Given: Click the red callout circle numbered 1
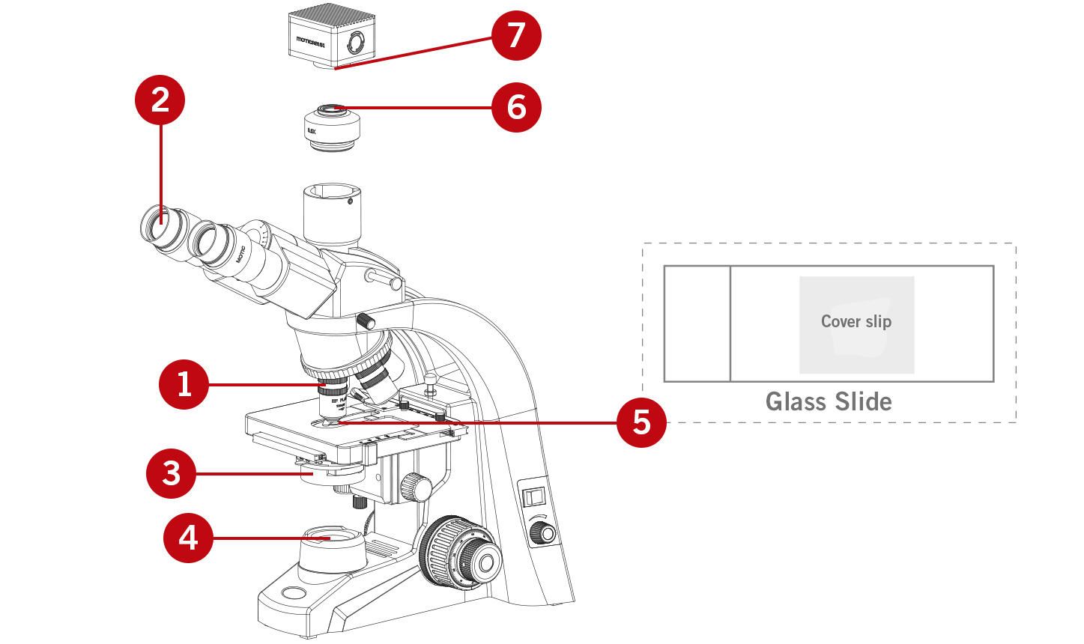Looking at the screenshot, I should tap(184, 384).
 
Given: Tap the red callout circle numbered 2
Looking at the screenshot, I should tap(160, 100).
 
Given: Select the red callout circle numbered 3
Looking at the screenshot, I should tap(172, 473).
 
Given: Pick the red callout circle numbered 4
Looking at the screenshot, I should tap(188, 537).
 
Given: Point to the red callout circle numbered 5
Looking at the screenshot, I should tap(641, 422).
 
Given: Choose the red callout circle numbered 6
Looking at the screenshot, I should tap(516, 107).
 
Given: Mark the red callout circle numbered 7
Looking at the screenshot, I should tap(516, 35).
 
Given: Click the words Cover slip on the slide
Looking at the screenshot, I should tap(856, 322).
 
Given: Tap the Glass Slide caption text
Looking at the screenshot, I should tap(829, 402).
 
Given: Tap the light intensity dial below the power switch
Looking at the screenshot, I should tap(543, 533).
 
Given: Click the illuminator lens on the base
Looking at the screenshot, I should tap(332, 536).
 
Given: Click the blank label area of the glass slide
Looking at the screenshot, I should tap(697, 323).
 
